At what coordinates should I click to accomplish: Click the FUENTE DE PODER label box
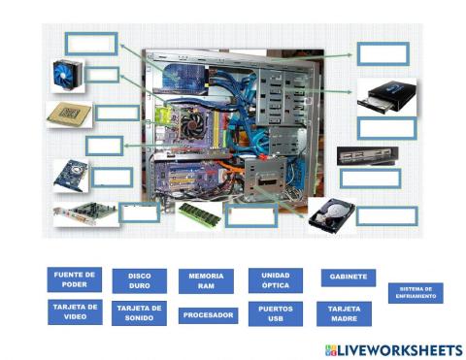pos(74,280)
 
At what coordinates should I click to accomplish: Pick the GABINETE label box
pos(348,277)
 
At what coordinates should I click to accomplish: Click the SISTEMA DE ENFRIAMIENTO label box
pos(415,292)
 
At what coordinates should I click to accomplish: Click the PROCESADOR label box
pos(208,315)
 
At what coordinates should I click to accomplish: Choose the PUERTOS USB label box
pos(275,313)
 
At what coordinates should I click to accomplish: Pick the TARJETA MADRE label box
pos(345,313)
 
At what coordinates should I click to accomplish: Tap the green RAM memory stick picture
pos(200,213)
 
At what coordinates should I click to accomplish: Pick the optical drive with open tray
pos(386,98)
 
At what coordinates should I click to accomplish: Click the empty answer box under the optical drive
pos(385,128)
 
